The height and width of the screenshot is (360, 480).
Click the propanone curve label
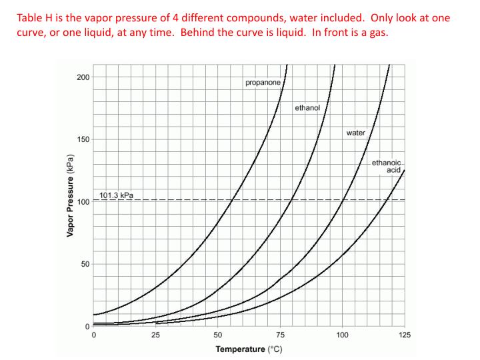(x=263, y=83)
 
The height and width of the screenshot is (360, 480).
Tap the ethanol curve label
(x=307, y=107)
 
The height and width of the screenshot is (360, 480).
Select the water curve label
(x=355, y=133)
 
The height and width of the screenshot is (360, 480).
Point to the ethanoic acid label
(x=387, y=166)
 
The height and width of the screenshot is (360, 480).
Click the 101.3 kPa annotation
(x=117, y=195)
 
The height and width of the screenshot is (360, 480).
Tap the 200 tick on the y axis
(x=83, y=77)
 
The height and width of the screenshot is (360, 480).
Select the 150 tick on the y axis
(x=83, y=139)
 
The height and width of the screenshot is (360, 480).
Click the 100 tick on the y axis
(x=83, y=202)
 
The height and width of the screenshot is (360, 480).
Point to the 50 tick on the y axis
(x=85, y=264)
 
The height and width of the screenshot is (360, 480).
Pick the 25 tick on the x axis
(x=155, y=335)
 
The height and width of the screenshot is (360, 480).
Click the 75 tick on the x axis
(x=280, y=335)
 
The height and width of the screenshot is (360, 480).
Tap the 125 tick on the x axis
(x=405, y=335)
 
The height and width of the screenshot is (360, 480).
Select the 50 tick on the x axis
(x=218, y=335)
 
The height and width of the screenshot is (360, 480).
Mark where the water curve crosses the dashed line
(x=342, y=200)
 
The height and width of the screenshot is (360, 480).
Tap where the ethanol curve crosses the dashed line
(x=291, y=200)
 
